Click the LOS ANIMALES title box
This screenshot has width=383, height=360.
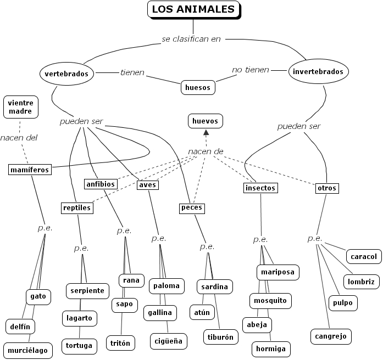click(193, 9)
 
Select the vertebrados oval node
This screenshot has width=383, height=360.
click(66, 74)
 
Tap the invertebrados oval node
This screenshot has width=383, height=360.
click(318, 71)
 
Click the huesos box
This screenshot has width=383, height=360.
click(197, 87)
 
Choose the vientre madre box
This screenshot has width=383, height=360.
click(21, 106)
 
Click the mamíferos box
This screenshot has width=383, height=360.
click(30, 170)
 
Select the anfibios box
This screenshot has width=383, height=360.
click(101, 184)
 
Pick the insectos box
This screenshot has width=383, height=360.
click(260, 188)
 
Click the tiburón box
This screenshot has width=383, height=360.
click(220, 336)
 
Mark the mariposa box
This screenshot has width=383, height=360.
click(277, 272)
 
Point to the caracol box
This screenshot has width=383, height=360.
click(363, 256)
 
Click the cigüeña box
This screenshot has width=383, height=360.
click(167, 341)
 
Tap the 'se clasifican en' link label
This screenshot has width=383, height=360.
click(191, 39)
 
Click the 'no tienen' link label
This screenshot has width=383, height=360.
click(251, 70)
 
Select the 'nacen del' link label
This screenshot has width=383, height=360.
click(19, 138)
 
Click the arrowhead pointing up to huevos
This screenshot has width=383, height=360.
click(207, 133)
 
